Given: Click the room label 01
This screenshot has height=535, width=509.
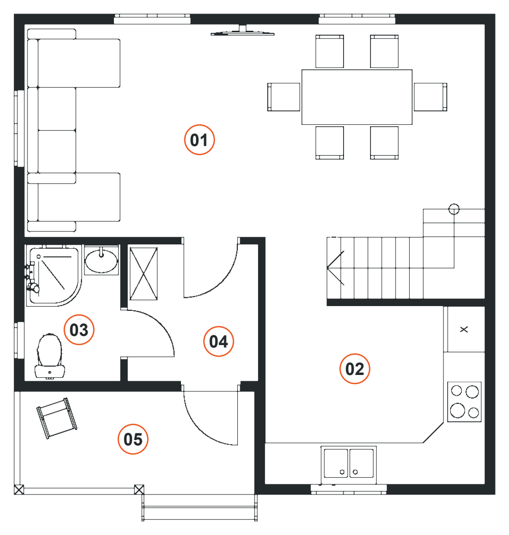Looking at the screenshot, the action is (x=199, y=140).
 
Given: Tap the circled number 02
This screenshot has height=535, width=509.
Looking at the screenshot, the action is (x=355, y=369).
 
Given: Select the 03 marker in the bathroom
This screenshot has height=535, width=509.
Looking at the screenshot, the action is (x=79, y=330).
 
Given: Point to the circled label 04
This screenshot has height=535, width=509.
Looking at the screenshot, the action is (x=219, y=341).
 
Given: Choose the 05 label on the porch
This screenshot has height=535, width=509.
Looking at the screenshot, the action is (x=133, y=439).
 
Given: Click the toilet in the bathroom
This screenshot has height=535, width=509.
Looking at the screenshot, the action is (x=50, y=356).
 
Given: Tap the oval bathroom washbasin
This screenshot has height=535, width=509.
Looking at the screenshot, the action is (x=101, y=261).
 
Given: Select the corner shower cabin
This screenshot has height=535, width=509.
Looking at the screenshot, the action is (x=54, y=276).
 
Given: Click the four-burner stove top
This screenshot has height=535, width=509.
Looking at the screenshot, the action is (x=464, y=402).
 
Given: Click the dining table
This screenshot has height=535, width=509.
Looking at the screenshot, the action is (x=357, y=97).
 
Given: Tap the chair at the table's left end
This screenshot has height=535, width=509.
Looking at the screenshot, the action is (x=284, y=97).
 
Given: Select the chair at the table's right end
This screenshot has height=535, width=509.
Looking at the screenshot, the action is (x=430, y=97).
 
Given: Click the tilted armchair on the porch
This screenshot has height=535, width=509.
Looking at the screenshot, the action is (x=57, y=418).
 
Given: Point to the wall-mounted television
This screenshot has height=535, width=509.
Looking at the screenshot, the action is (x=243, y=31).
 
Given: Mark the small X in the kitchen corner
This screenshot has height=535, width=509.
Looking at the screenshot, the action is (x=464, y=329).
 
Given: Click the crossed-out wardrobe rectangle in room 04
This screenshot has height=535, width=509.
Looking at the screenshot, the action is (x=143, y=274).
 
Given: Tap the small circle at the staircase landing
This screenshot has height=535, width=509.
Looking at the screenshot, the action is (x=454, y=209).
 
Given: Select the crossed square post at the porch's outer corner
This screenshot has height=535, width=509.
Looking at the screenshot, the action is (x=19, y=490).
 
